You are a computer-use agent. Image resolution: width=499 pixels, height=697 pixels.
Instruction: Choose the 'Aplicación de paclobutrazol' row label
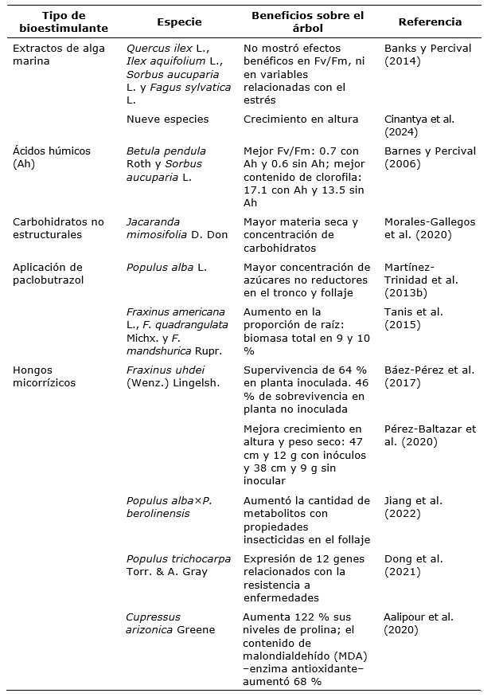pyautogui.click(x=49, y=273)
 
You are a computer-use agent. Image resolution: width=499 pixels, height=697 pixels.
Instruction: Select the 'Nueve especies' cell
pyautogui.click(x=167, y=119)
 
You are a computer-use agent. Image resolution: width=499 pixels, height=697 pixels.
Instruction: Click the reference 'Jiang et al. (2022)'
pyautogui.click(x=414, y=507)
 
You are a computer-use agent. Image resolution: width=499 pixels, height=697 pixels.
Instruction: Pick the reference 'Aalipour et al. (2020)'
pyautogui.click(x=419, y=623)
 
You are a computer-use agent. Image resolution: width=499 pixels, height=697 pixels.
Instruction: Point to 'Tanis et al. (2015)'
pyautogui.click(x=414, y=319)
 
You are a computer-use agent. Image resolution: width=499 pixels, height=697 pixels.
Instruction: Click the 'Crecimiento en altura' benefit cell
pyautogui.click(x=301, y=119)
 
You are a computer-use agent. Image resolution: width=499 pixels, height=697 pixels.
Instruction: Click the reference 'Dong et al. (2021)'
pyautogui.click(x=414, y=565)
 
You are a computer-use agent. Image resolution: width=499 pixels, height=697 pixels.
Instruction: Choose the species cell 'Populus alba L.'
pyautogui.click(x=166, y=268)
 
